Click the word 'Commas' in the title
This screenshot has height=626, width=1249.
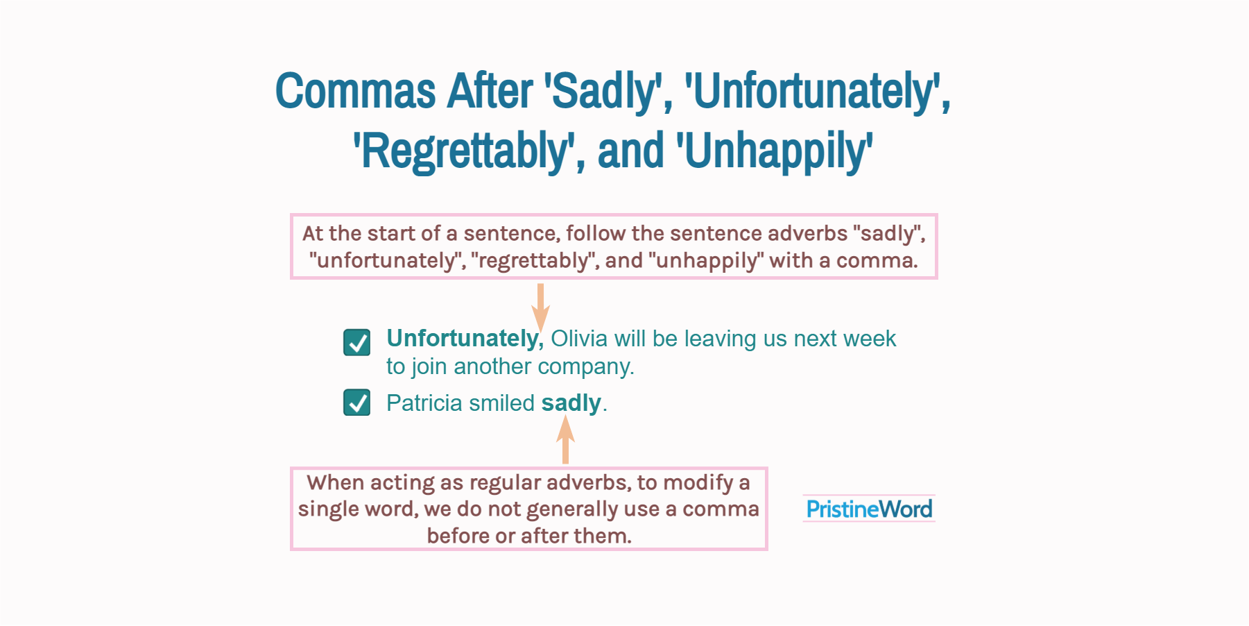(x=355, y=92)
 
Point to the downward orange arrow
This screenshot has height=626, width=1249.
(x=541, y=305)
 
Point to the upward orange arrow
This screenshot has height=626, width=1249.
(x=565, y=440)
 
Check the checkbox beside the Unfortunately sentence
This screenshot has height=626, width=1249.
(x=357, y=342)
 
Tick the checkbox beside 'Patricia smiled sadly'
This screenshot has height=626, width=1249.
(x=357, y=403)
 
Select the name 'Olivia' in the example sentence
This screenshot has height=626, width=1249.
(x=579, y=339)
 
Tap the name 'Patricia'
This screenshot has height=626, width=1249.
(x=424, y=403)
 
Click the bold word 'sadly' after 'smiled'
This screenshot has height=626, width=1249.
(x=571, y=403)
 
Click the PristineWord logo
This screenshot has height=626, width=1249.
(x=868, y=509)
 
